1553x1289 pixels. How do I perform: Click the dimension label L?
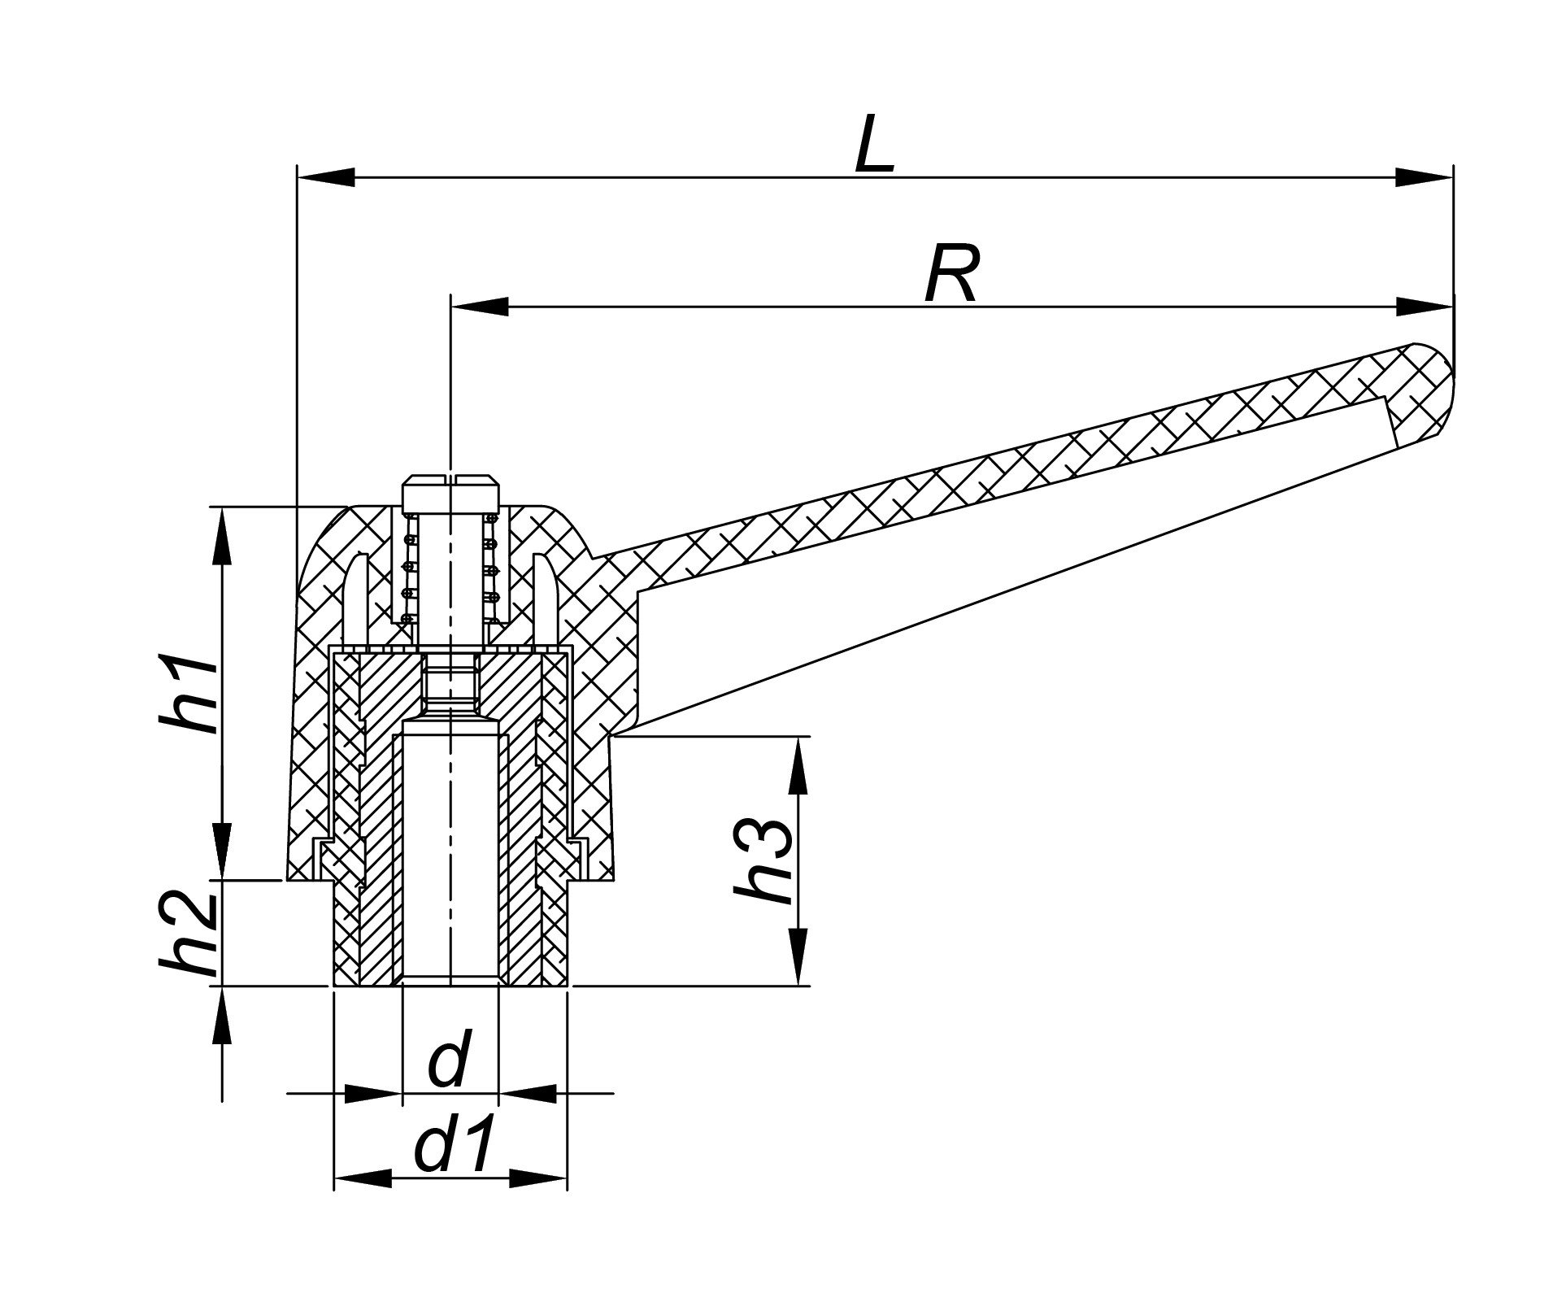tap(874, 145)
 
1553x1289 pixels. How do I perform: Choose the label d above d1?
tap(448, 1060)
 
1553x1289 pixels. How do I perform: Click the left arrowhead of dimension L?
tap(324, 176)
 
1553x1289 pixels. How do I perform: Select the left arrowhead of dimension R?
tap(479, 307)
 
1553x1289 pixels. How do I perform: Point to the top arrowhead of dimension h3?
tap(799, 764)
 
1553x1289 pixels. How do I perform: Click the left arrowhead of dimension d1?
tap(362, 1178)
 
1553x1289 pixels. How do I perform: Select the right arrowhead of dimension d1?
tap(538, 1178)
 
